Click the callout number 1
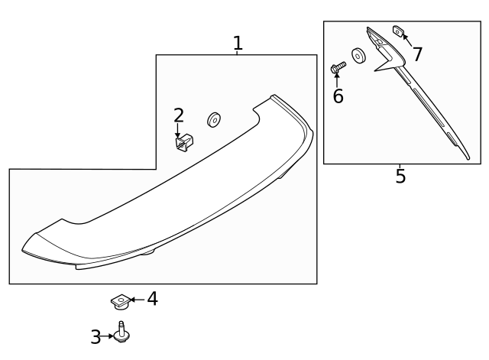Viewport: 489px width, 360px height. pyautogui.click(x=238, y=44)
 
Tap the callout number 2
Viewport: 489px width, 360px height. pyautogui.click(x=179, y=115)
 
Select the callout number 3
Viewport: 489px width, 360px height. pyautogui.click(x=96, y=337)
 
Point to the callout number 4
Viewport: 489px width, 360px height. pyautogui.click(x=153, y=299)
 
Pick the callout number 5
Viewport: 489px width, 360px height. pyautogui.click(x=400, y=176)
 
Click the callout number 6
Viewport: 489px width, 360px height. pyautogui.click(x=338, y=96)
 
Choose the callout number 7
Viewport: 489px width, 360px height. pyautogui.click(x=417, y=54)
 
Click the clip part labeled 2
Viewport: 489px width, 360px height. pyautogui.click(x=184, y=143)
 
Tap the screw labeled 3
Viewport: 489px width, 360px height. pyautogui.click(x=121, y=332)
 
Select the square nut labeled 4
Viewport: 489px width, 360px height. pyautogui.click(x=121, y=302)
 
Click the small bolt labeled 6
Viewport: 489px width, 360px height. pyautogui.click(x=338, y=67)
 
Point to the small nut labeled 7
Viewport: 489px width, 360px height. pyautogui.click(x=398, y=31)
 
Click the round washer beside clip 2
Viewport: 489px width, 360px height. pyautogui.click(x=214, y=120)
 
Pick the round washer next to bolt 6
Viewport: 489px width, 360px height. pyautogui.click(x=358, y=56)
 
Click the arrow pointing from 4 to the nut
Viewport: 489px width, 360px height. pyautogui.click(x=138, y=300)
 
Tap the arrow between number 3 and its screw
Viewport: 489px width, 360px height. pyautogui.click(x=107, y=336)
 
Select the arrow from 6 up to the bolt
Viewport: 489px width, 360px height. pyautogui.click(x=337, y=79)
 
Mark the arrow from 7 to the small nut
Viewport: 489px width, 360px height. pyautogui.click(x=407, y=40)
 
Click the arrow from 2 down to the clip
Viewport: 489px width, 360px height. pyautogui.click(x=178, y=130)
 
